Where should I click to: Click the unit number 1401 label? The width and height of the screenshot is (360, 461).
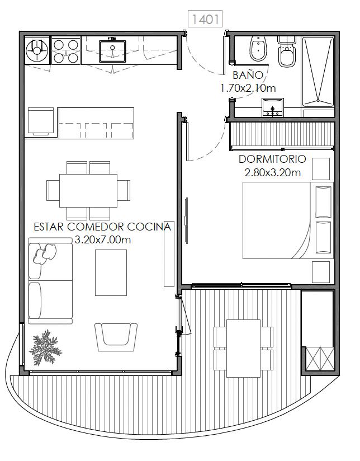pyautogui.click(x=205, y=19)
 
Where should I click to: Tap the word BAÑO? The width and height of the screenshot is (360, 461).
pyautogui.click(x=248, y=75)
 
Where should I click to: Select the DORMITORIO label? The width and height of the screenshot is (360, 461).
pyautogui.click(x=272, y=159)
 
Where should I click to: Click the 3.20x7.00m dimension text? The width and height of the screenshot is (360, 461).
pyautogui.click(x=102, y=239)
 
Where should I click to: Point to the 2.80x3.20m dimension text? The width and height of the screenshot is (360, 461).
pyautogui.click(x=273, y=172)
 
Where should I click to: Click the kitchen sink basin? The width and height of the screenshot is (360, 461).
pyautogui.click(x=112, y=51)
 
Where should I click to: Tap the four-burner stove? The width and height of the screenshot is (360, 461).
pyautogui.click(x=66, y=50)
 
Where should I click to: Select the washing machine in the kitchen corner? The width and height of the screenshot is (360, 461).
pyautogui.click(x=37, y=50)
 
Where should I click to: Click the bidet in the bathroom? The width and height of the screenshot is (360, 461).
pyautogui.click(x=258, y=49)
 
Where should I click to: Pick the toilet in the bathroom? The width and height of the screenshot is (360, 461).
pyautogui.click(x=287, y=51)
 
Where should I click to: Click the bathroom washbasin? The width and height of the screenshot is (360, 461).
pyautogui.click(x=273, y=107)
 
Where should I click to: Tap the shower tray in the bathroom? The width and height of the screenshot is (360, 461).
pyautogui.click(x=318, y=72)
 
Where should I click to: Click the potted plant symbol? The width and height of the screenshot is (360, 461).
pyautogui.click(x=45, y=347)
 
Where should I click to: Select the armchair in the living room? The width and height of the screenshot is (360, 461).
pyautogui.click(x=116, y=337)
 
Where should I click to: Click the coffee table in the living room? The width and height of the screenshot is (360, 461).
pyautogui.click(x=111, y=272)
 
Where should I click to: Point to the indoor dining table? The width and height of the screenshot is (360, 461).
pyautogui.click(x=88, y=191)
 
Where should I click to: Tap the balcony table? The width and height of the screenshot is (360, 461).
pyautogui.click(x=243, y=349)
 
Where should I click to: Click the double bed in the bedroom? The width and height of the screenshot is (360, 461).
pyautogui.click(x=288, y=220)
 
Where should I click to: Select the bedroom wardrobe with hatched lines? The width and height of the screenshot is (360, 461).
pyautogui.click(x=282, y=134)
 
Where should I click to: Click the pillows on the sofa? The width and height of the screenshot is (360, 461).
pyautogui.click(x=45, y=253)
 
